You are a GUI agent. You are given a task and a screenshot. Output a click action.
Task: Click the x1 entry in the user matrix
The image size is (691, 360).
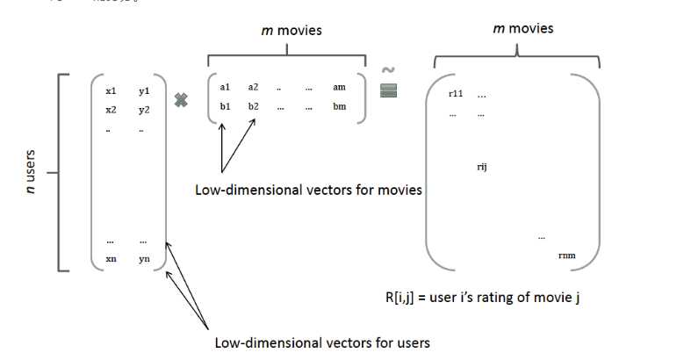point(111,91)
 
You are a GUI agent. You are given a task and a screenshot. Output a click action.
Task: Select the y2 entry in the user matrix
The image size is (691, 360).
point(144,110)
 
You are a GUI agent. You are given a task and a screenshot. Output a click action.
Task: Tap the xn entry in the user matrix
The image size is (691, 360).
point(111,259)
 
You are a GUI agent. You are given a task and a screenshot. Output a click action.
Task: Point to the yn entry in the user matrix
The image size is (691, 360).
point(144,259)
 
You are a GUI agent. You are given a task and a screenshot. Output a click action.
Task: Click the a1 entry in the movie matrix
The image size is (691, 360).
point(225,87)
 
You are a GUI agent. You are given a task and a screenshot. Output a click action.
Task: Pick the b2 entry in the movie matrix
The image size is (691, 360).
point(254,105)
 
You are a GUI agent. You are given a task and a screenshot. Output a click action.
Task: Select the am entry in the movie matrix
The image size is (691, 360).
point(340,87)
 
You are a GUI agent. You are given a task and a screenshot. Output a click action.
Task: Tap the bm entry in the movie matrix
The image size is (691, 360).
point(340,105)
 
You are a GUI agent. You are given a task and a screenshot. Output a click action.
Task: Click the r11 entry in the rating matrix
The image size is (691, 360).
point(455,93)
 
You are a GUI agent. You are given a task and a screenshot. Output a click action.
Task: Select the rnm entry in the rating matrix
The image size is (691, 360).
point(567,255)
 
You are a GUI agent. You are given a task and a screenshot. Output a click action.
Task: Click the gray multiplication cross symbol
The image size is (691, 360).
point(182,100)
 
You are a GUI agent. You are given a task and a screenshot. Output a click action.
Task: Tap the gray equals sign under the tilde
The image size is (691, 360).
point(389,90)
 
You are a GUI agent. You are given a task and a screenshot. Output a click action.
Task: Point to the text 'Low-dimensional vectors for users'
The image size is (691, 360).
point(322,341)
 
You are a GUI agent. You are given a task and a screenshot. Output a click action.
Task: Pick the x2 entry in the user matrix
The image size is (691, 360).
point(111,110)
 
